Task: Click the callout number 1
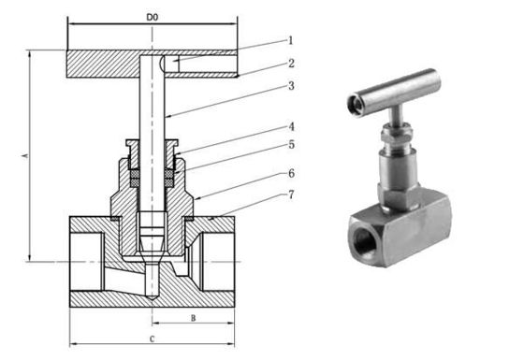point(290,40)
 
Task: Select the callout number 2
point(291,63)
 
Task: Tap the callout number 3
point(291,86)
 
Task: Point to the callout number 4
point(291,126)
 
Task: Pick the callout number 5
point(291,145)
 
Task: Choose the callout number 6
point(291,174)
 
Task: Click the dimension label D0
point(153,17)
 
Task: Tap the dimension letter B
point(192,318)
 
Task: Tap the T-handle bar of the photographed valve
point(392,89)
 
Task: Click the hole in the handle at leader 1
point(169,62)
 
